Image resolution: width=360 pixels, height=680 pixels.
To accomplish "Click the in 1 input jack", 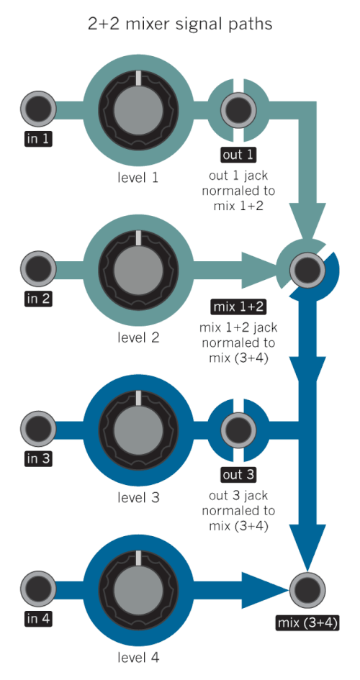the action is pos(38,109).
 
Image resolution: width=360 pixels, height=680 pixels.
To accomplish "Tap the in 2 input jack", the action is pos(38,269).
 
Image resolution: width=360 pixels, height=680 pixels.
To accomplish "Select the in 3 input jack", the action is pos(38,429).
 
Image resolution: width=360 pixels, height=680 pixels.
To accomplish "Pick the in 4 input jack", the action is pos(38,589).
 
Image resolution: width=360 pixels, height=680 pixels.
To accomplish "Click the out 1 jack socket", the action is pos(238,109).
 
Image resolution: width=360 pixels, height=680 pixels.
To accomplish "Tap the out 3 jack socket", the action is pos(238,429).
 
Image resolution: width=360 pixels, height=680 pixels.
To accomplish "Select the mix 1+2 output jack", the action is pos(307,269).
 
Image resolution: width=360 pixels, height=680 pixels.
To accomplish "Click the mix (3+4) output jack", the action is pos(307,589).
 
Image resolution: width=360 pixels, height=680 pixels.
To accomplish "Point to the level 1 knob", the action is pos(138,109).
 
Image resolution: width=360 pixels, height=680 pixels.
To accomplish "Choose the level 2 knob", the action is pos(138,269).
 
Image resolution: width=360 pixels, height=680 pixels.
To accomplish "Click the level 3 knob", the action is pos(138,429).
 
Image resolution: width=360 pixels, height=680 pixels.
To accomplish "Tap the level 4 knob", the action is pos(138,589).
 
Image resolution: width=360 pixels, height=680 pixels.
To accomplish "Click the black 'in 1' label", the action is pos(38,139).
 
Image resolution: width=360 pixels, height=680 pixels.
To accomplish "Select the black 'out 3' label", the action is pos(238,475).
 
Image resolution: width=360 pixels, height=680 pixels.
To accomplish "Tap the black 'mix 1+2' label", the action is pos(238,307).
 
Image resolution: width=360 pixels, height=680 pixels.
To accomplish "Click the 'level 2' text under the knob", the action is pos(138,337).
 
